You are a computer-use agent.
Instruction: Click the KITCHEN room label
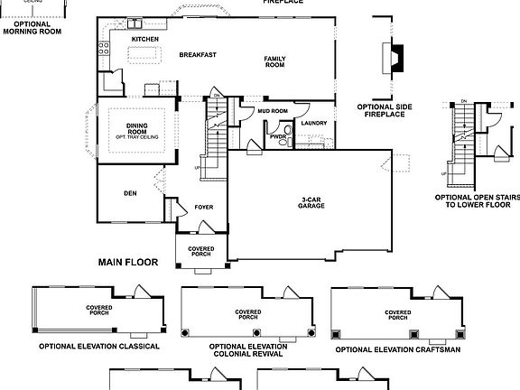[144, 40]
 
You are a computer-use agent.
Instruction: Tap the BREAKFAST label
[197, 55]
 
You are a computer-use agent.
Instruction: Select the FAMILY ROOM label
[274, 62]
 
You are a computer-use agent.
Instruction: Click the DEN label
[129, 193]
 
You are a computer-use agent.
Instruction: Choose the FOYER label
[204, 207]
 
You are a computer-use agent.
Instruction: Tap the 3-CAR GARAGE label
[312, 202]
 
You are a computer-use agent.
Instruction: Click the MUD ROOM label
[272, 111]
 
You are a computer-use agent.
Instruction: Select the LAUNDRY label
[313, 124]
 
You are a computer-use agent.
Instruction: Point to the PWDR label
[276, 137]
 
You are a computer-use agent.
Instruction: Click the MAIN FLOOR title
[127, 263]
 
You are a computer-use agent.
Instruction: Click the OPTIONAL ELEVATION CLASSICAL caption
[98, 346]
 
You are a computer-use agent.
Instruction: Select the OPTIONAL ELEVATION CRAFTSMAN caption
[398, 348]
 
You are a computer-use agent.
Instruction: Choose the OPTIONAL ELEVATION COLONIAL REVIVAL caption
[247, 350]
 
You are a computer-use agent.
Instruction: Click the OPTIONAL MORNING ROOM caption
[32, 27]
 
